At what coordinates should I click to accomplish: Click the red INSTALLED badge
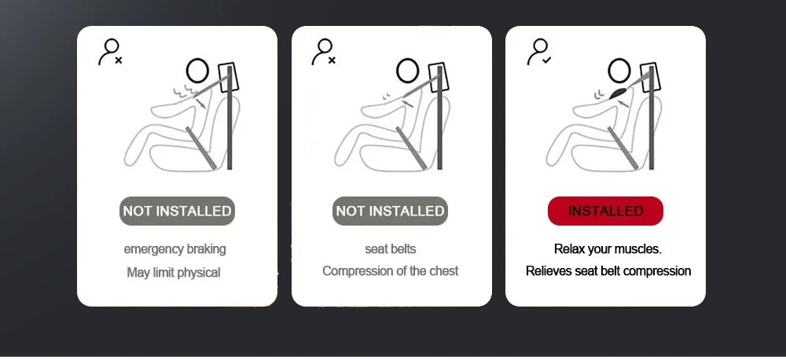click(x=605, y=211)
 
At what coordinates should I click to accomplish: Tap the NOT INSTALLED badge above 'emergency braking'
click(x=177, y=211)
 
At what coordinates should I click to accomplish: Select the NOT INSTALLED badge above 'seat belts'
click(x=390, y=211)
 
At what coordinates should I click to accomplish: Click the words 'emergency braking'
click(x=175, y=249)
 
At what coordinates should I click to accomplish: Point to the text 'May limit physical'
click(x=174, y=273)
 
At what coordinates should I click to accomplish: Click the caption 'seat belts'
click(x=391, y=248)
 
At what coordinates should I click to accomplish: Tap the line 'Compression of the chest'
click(x=391, y=271)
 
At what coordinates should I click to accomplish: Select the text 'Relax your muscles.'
click(x=608, y=249)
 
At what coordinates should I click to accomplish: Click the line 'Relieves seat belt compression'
click(x=608, y=271)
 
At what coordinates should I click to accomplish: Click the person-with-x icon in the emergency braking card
click(x=110, y=53)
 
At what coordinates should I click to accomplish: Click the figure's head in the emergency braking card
click(x=197, y=71)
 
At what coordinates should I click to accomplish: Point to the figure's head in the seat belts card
click(x=407, y=71)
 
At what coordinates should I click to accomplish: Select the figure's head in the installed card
click(x=619, y=71)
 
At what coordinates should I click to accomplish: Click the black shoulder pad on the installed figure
click(x=618, y=94)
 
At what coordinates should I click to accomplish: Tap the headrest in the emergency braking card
click(x=229, y=78)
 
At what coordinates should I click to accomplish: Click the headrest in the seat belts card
click(x=439, y=78)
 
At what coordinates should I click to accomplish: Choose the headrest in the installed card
click(x=650, y=78)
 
